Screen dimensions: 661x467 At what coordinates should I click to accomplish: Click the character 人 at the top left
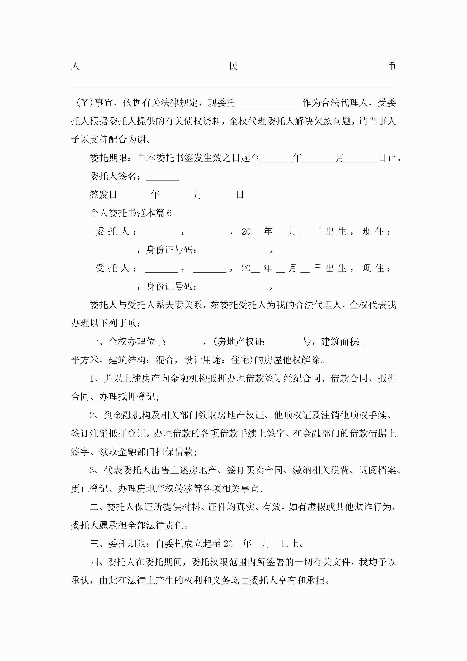tap(75, 66)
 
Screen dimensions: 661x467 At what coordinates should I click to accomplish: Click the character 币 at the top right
tap(392, 66)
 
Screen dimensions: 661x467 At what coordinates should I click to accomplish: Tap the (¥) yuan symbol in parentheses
tap(85, 103)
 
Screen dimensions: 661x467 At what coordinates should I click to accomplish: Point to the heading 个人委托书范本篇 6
tap(130, 213)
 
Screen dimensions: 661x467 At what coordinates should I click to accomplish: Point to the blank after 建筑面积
tap(380, 343)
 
